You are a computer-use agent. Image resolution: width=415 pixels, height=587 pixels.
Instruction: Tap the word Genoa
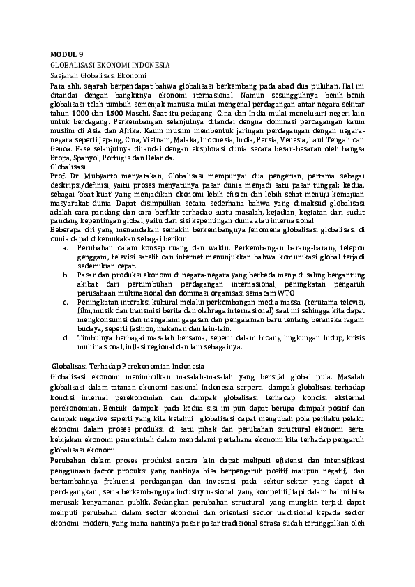click(61, 148)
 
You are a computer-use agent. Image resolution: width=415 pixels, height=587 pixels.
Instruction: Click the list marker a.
click(64, 249)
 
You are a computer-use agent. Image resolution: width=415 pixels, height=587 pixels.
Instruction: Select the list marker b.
click(64, 276)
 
